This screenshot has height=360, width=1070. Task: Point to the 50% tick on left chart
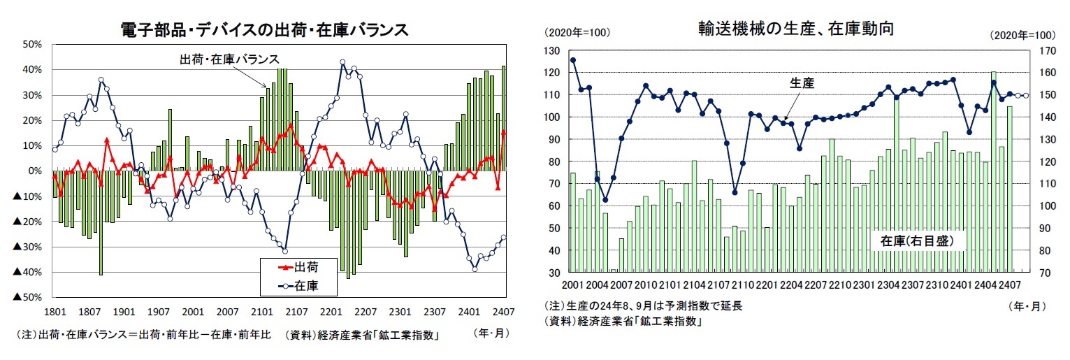click(x=33, y=44)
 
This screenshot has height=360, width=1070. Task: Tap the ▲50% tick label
click(x=29, y=298)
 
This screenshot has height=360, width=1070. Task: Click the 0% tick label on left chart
click(x=36, y=171)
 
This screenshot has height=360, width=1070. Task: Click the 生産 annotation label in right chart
click(x=802, y=82)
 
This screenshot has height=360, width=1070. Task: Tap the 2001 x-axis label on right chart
click(x=572, y=285)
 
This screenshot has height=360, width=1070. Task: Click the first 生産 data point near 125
click(x=573, y=60)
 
